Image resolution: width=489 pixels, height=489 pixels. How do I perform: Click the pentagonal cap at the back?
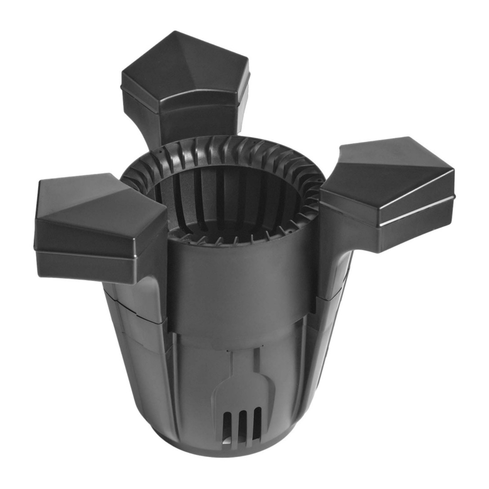(185, 81)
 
